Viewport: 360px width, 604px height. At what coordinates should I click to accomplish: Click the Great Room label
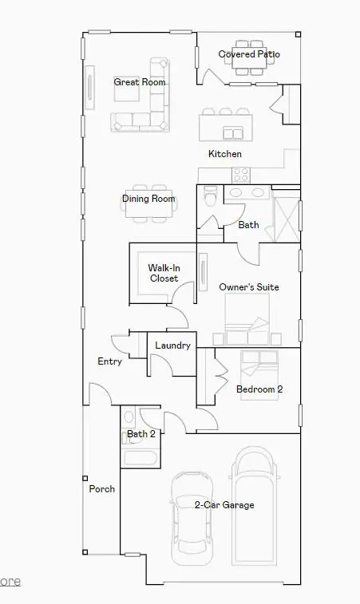140,82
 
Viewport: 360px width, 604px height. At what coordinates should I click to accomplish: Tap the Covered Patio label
249,54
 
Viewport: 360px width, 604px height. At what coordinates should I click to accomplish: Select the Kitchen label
225,154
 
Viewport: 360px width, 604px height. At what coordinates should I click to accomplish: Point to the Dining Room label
148,199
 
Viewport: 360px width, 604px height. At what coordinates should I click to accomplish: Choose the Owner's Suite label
249,287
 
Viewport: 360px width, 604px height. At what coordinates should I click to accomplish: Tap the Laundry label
172,345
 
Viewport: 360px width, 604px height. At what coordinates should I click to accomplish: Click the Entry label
109,361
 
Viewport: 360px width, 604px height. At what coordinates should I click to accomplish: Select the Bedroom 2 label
259,389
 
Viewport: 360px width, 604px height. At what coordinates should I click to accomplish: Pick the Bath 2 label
141,434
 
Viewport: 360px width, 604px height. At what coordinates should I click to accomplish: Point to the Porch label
101,489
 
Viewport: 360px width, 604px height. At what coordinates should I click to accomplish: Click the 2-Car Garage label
224,505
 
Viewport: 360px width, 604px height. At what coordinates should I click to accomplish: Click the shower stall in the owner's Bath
286,216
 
